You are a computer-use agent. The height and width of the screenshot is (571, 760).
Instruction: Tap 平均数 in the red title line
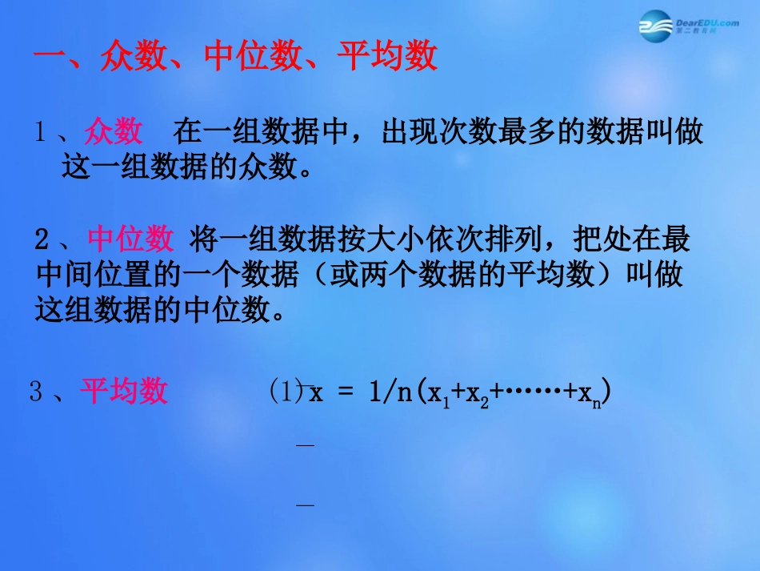click(x=387, y=57)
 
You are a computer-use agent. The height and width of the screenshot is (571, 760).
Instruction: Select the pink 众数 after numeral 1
click(x=114, y=132)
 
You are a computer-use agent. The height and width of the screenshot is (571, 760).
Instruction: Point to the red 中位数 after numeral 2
click(x=130, y=239)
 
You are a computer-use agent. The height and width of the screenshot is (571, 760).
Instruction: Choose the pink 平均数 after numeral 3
click(x=124, y=392)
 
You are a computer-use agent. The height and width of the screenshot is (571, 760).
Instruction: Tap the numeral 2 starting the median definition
click(x=43, y=239)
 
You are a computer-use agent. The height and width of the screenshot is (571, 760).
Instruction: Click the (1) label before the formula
click(x=284, y=392)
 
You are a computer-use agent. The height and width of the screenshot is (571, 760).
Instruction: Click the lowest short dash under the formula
click(x=305, y=505)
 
